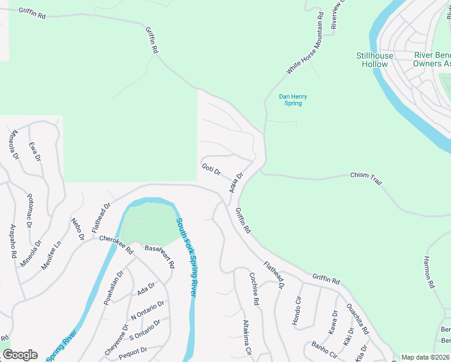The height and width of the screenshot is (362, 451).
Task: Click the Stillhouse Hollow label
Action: tap(374, 60)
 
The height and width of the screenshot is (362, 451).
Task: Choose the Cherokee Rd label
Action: tap(116, 243)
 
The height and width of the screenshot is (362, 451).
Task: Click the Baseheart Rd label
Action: tap(159, 256)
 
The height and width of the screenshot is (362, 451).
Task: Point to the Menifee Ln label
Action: tap(51, 256)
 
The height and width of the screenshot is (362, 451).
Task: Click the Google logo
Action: tap(20, 355)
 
